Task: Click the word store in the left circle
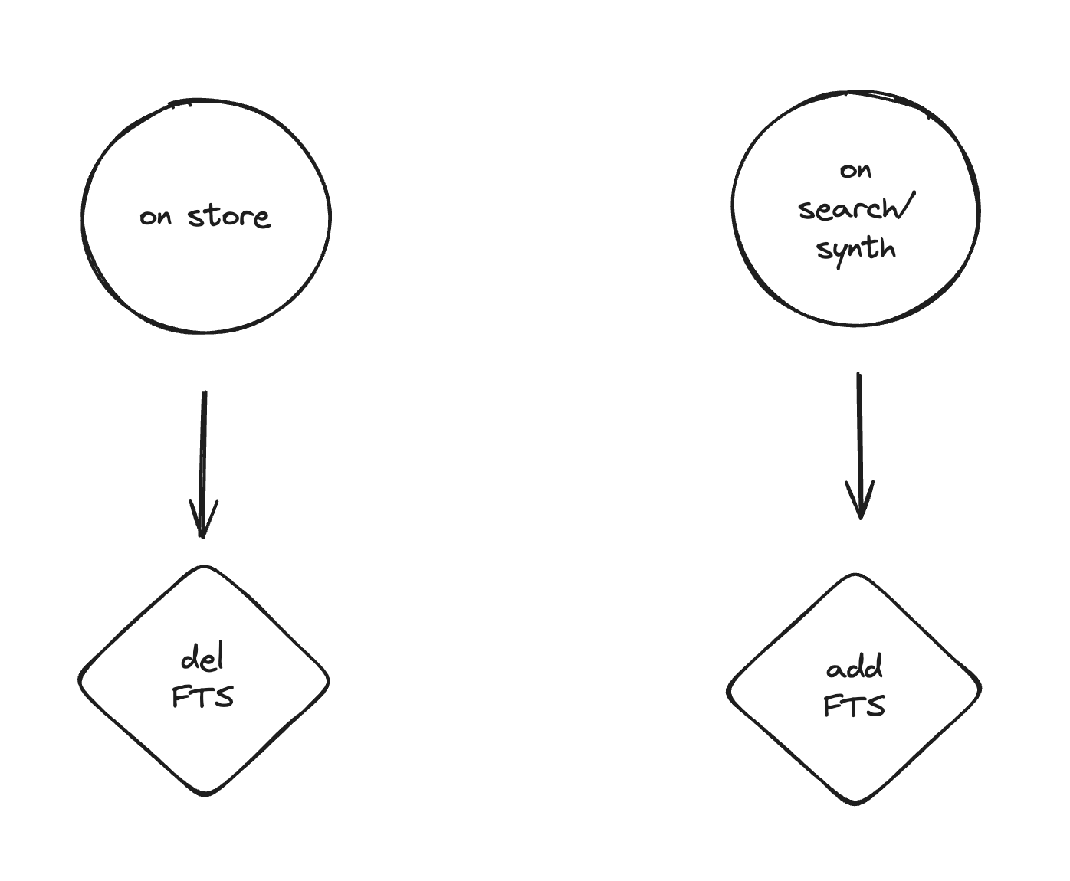[x=229, y=217]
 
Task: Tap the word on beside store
[x=156, y=218]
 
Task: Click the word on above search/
[x=855, y=170]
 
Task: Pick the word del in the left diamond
[x=203, y=660]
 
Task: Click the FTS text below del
[x=203, y=697]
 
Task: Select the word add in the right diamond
[x=854, y=669]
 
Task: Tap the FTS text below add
[x=854, y=706]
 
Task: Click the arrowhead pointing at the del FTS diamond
[x=203, y=525]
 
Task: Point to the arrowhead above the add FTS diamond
[x=860, y=506]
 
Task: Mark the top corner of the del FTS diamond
[x=204, y=568]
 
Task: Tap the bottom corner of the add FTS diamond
[x=854, y=802]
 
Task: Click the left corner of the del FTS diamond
[x=80, y=680]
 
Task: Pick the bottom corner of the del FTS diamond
[x=205, y=794]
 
